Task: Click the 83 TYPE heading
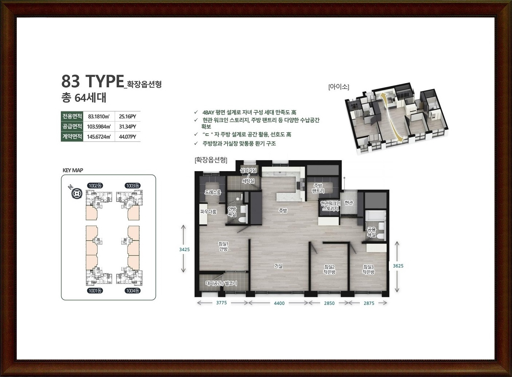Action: tap(92, 81)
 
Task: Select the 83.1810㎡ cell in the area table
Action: tap(99, 116)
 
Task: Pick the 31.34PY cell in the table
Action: tap(127, 127)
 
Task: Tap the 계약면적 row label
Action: tap(72, 137)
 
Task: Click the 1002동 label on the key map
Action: tap(95, 185)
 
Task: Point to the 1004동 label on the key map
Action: tap(133, 291)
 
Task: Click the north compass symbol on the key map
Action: tap(76, 193)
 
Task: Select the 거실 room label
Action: tap(279, 266)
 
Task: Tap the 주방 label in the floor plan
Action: tap(283, 211)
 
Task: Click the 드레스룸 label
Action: tap(213, 192)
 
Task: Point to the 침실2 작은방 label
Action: tap(329, 269)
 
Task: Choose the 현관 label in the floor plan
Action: tap(349, 203)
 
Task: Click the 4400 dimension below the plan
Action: tap(279, 303)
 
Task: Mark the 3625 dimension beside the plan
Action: tap(398, 266)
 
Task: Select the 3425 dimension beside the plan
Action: tap(185, 249)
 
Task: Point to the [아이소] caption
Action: tap(339, 87)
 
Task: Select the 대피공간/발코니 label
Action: tap(221, 284)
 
